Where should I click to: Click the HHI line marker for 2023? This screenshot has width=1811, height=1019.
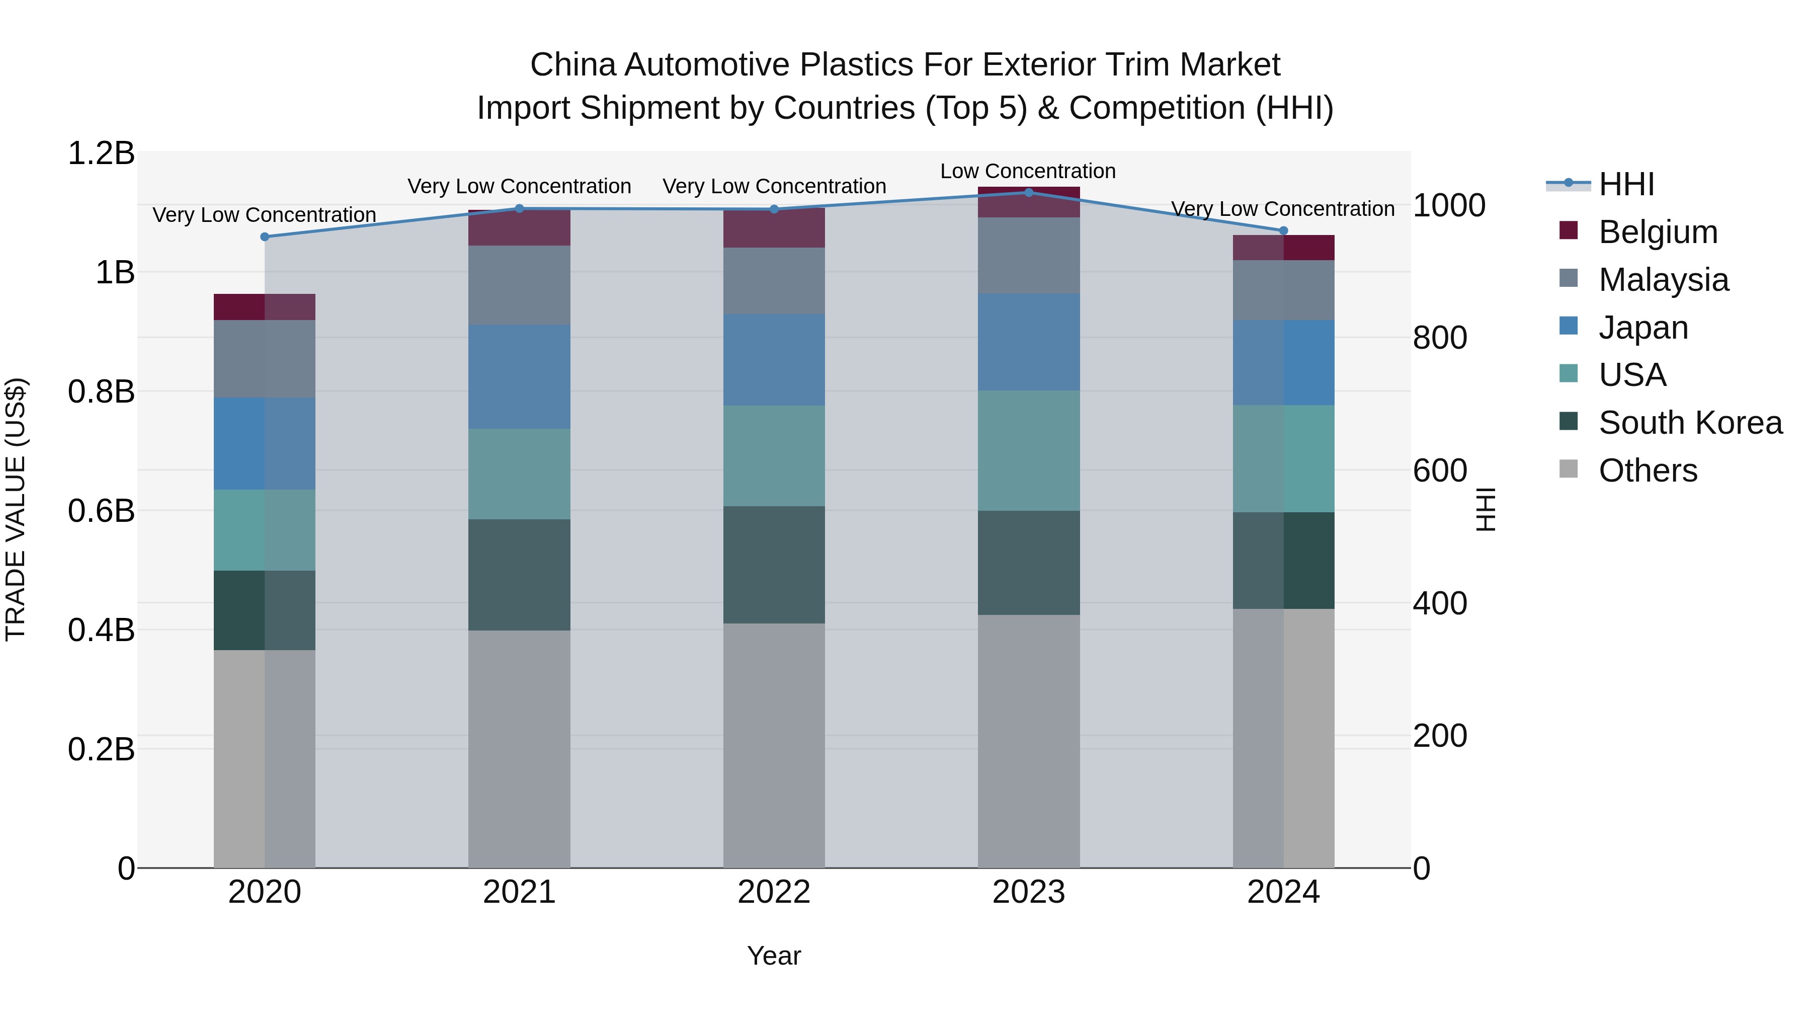1029,192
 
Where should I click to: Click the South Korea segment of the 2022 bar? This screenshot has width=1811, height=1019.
774,565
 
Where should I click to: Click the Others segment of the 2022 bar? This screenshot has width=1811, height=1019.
774,745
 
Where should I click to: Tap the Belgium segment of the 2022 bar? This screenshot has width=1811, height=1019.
774,228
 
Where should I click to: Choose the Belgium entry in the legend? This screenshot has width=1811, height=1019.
1657,232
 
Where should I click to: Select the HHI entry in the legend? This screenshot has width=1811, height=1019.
1625,184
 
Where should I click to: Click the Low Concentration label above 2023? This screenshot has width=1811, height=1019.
1028,171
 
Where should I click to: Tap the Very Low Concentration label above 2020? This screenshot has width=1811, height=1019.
264,214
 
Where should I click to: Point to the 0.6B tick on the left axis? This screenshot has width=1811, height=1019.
101,511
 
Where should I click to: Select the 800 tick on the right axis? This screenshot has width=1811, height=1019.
1440,338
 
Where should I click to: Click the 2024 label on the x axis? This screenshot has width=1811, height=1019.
1283,892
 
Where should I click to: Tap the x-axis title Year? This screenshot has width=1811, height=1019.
773,956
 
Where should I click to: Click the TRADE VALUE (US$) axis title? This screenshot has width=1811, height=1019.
16,510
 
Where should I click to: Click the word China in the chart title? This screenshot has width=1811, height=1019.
573,65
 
